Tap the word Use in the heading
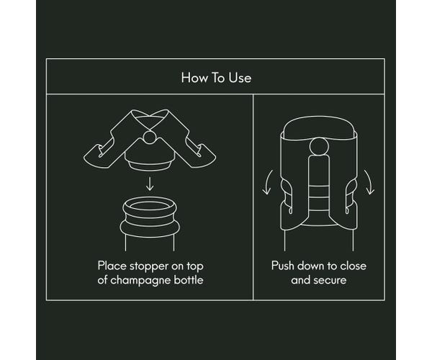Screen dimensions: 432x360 tap(240, 78)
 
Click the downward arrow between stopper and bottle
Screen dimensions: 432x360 tap(150, 184)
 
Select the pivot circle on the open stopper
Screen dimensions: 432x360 tap(150, 138)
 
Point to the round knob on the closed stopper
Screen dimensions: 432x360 tap(319, 147)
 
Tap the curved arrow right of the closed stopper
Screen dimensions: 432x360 tap(369, 182)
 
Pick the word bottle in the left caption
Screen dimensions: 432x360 tap(189, 280)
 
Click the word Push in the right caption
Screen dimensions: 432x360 tap(282, 266)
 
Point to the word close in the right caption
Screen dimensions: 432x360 tap(353, 266)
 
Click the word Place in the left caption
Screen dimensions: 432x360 tap(112, 266)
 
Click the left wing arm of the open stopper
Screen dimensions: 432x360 tap(110, 143)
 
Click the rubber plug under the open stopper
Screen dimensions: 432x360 tap(150, 166)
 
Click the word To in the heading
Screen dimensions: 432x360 tap(217, 78)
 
